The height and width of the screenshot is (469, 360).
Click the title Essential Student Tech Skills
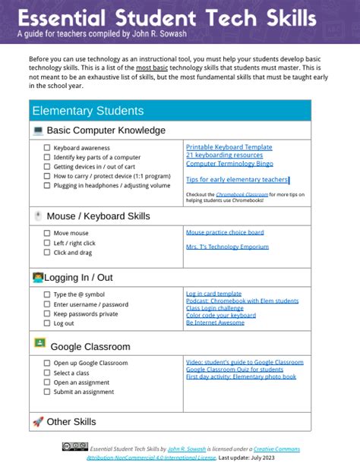tap(167, 17)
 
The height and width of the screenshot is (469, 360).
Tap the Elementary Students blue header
tap(87, 111)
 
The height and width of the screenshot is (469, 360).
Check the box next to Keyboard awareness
tap(47, 148)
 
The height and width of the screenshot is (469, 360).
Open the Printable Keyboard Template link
tap(229, 146)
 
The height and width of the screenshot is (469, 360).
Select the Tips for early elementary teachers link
tap(236, 180)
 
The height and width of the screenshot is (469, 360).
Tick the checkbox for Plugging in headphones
tap(47, 185)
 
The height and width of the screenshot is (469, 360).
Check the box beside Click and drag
tap(47, 253)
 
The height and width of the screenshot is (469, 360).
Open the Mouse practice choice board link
tap(225, 232)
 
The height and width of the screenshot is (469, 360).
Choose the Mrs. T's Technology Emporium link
tap(227, 247)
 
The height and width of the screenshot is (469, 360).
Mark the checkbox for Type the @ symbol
tap(47, 294)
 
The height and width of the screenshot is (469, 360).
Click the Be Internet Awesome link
tap(216, 323)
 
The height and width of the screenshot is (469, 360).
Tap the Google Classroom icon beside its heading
tap(39, 344)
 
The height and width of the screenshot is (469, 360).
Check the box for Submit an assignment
tap(47, 392)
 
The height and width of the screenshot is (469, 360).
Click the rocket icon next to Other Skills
tap(38, 421)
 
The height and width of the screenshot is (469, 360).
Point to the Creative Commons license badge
tap(74, 448)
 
